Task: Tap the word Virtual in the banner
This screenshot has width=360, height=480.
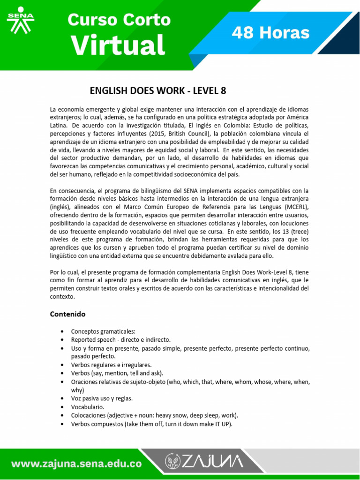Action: point(118,46)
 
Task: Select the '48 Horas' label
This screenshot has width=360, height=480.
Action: point(271,33)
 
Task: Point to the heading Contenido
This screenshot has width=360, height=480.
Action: point(68,314)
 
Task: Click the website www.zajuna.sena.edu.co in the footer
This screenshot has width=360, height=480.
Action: point(76,464)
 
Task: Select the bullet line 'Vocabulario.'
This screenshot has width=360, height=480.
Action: point(88,407)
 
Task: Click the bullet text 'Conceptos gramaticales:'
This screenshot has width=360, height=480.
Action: point(103,331)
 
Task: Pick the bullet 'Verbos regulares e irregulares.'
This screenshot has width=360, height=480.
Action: point(111,364)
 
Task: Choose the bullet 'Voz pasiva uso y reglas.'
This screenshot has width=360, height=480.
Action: point(102,398)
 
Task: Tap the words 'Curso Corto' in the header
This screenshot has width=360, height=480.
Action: point(119,20)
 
